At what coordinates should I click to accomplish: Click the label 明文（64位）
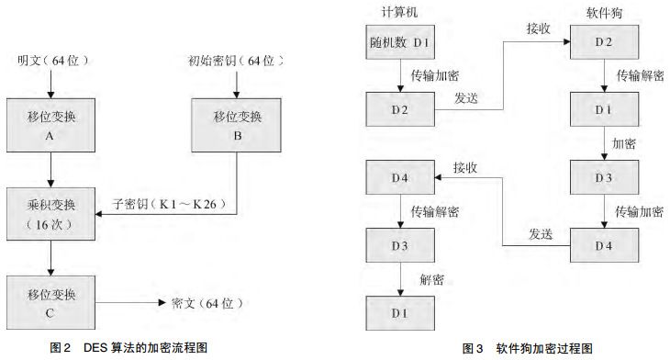point(51,62)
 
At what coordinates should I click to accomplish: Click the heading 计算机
point(399,14)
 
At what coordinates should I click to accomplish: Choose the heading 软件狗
point(602,14)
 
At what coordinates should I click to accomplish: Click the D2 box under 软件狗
point(602,43)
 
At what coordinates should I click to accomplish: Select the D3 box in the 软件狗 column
point(602,177)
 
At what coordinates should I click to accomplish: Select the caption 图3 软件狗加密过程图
point(523,348)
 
